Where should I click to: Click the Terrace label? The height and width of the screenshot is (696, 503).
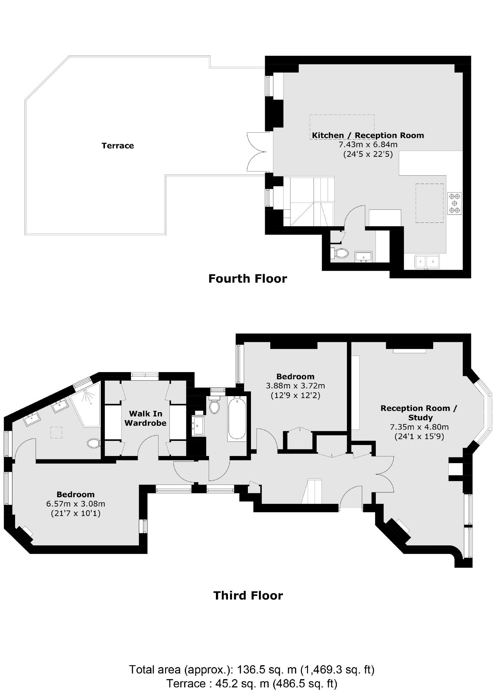tap(118, 145)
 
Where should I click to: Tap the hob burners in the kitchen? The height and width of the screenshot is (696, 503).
tap(454, 204)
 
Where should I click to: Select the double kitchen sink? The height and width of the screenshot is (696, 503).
tap(427, 262)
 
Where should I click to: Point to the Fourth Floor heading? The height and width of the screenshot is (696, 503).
tap(248, 279)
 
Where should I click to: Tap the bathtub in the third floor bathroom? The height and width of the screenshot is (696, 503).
tap(237, 418)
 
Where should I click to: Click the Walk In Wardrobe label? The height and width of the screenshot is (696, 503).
tap(145, 418)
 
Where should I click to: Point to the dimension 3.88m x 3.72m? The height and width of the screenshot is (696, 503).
tap(295, 386)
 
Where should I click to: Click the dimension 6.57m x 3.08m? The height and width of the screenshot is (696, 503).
tap(76, 504)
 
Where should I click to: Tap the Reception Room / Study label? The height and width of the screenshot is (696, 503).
tap(419, 413)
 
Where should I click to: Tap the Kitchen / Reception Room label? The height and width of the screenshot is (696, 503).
tap(368, 135)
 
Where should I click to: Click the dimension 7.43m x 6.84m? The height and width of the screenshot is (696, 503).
tap(368, 144)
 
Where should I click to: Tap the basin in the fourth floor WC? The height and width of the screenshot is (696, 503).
tap(363, 256)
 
